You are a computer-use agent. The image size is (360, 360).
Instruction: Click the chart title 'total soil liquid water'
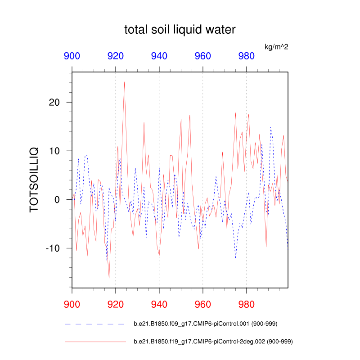click(180, 30)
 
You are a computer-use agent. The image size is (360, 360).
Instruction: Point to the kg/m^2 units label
click(276, 47)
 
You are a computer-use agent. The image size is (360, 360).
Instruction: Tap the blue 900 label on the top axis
click(72, 56)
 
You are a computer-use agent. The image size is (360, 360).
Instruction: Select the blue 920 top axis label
click(116, 56)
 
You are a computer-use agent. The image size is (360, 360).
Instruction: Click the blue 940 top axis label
click(159, 56)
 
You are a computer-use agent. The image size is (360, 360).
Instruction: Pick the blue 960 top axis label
click(202, 56)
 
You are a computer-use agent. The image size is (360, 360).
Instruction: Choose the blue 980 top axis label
click(246, 56)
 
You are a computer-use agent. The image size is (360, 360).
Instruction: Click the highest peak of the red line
click(124, 82)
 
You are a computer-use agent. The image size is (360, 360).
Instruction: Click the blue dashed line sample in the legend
click(94, 324)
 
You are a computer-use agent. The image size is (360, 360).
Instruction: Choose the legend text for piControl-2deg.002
click(213, 342)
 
